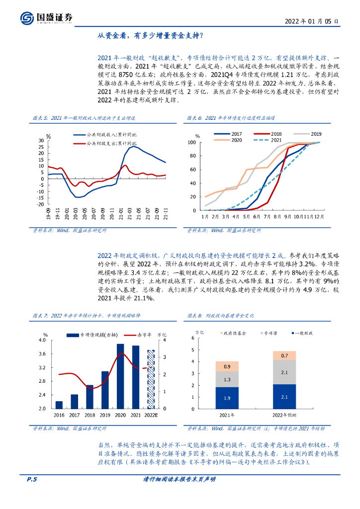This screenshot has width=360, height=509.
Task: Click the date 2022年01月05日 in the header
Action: click(312, 22)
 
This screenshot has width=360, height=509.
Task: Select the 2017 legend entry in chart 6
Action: click(230, 134)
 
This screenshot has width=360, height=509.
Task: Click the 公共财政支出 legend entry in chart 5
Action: click(105, 143)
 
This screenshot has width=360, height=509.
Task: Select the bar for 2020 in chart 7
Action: click(120, 376)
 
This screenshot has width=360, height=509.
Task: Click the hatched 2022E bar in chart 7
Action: click(151, 379)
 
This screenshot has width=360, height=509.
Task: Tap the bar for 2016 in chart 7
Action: click(59, 405)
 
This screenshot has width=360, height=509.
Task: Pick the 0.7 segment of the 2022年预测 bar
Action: click(284, 355)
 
